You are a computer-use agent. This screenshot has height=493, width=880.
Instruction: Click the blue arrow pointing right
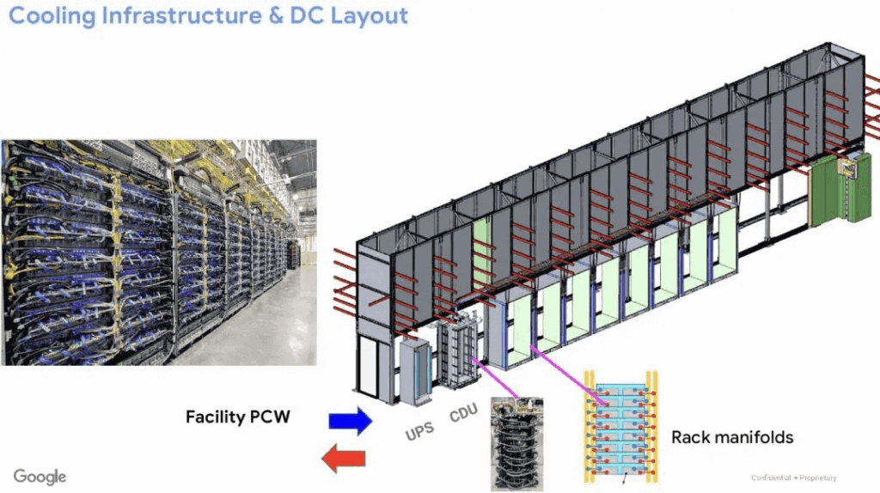[350, 420]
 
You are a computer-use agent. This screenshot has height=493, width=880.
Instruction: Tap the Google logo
[40, 476]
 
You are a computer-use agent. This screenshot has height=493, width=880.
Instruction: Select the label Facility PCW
[238, 418]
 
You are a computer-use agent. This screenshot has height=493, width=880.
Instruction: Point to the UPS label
[419, 429]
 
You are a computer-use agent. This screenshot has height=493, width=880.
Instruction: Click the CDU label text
[463, 415]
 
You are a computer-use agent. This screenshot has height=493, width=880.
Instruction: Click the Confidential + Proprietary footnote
[793, 478]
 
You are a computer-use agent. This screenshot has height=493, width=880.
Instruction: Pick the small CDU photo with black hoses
[517, 446]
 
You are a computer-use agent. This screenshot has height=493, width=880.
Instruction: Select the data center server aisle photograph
[159, 253]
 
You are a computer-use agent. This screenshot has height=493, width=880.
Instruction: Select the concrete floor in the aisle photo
[258, 326]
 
